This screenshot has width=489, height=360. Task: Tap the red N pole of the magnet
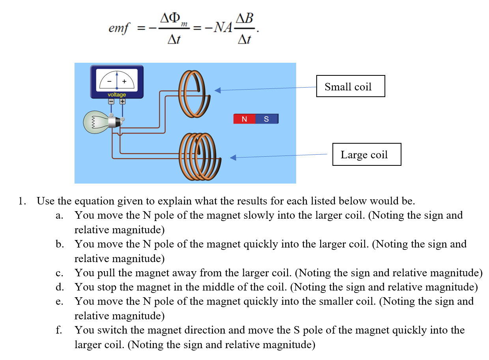click(244, 119)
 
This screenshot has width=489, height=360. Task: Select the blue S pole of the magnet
click(266, 119)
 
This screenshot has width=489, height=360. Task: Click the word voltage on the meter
click(117, 95)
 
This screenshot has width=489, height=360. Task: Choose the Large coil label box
click(366, 154)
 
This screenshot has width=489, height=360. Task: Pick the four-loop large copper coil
click(200, 156)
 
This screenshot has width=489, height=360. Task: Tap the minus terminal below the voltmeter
click(111, 101)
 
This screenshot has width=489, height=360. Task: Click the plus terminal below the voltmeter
click(122, 101)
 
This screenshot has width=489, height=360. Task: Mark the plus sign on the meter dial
click(124, 82)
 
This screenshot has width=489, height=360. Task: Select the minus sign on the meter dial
click(109, 82)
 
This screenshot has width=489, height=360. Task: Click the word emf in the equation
click(119, 29)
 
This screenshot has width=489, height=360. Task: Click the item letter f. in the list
click(59, 330)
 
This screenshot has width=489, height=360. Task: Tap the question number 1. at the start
click(22, 201)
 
